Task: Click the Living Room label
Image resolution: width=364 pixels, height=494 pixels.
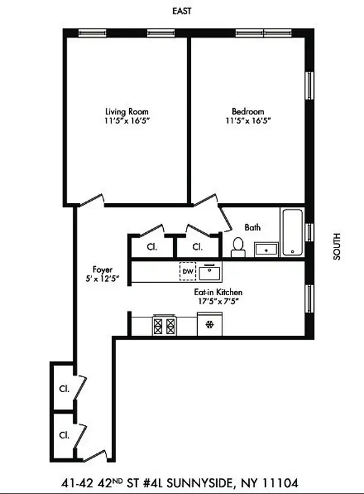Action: click(x=127, y=111)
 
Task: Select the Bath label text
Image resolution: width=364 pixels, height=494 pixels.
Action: click(x=252, y=227)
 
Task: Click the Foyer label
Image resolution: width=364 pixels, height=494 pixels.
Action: click(x=102, y=269)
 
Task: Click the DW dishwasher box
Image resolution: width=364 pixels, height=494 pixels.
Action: click(x=187, y=271)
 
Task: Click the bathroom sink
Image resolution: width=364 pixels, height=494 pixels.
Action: click(x=266, y=249)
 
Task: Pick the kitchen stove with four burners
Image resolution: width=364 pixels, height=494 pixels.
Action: click(x=164, y=325)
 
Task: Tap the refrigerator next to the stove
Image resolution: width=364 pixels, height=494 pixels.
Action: click(x=210, y=324)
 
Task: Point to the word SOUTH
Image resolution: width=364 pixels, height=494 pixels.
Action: click(x=337, y=246)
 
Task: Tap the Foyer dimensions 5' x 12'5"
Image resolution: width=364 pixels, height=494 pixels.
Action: click(x=102, y=278)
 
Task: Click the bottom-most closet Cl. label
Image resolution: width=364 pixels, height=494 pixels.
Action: click(x=64, y=434)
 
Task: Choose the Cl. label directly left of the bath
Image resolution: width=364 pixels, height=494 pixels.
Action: click(x=197, y=246)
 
